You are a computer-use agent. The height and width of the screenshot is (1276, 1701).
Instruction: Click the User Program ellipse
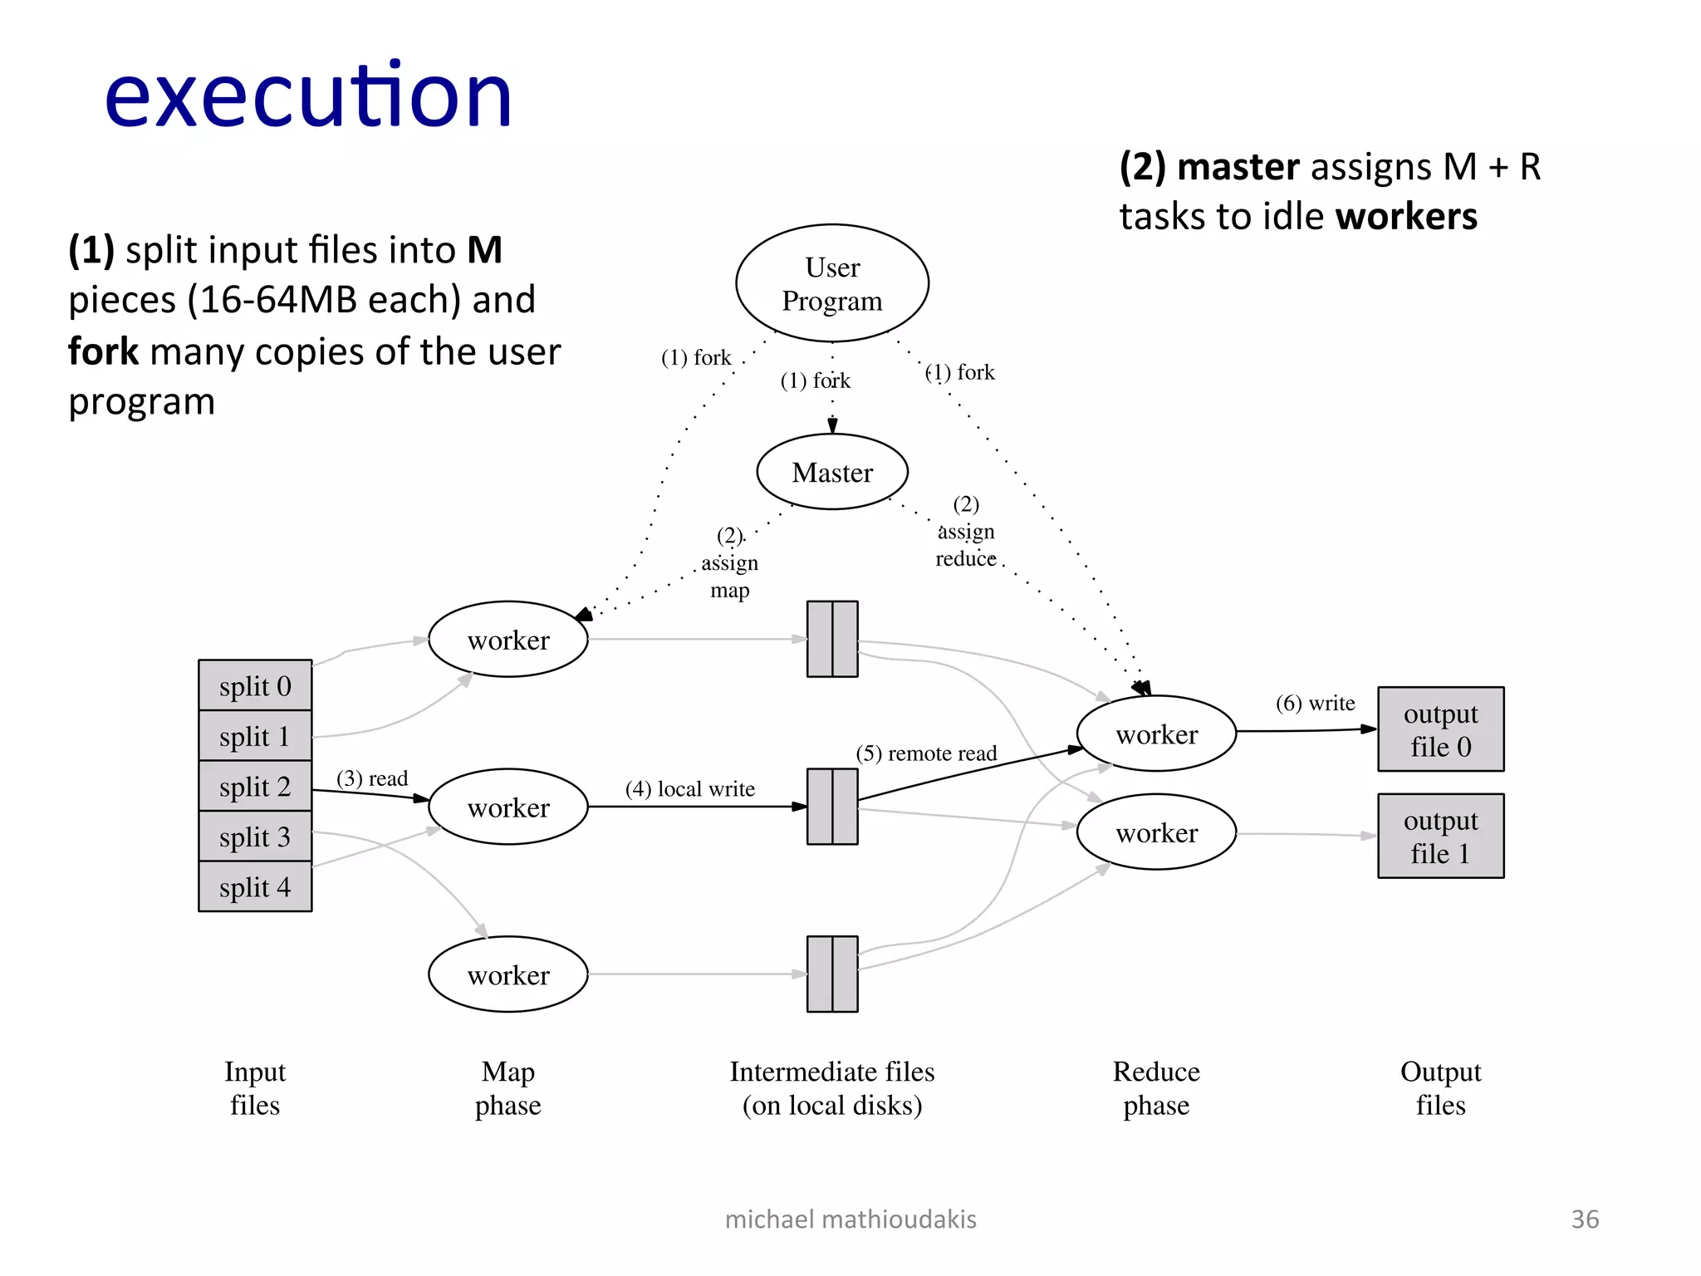click(832, 282)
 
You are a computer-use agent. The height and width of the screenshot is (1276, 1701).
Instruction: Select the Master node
click(832, 472)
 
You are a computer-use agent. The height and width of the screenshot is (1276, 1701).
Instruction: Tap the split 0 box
click(255, 686)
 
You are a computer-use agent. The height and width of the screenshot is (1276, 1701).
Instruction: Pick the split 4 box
click(255, 887)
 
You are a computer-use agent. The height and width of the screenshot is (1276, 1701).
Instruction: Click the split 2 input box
click(255, 787)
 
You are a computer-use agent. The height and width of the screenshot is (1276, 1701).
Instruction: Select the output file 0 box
click(1440, 729)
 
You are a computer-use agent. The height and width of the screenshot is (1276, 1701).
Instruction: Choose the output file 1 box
click(1440, 836)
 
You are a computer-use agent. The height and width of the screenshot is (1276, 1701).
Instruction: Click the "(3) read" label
click(372, 778)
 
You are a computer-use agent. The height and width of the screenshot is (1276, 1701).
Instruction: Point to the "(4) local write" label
click(690, 788)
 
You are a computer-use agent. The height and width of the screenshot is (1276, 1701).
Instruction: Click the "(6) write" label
click(1315, 704)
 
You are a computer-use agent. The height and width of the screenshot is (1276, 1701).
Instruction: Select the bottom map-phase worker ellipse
click(508, 974)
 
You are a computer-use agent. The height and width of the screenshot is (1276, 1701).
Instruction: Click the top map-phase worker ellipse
click(508, 640)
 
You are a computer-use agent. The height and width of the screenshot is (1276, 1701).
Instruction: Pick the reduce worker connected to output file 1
click(1156, 832)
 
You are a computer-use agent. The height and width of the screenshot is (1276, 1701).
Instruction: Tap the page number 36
click(1585, 1219)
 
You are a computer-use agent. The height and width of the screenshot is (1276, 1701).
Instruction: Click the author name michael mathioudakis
click(850, 1219)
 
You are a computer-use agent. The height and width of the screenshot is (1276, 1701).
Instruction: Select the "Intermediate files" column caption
click(832, 1072)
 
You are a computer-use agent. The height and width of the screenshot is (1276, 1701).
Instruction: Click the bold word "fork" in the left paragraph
click(103, 351)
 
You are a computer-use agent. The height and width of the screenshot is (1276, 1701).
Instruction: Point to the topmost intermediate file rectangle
click(832, 639)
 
